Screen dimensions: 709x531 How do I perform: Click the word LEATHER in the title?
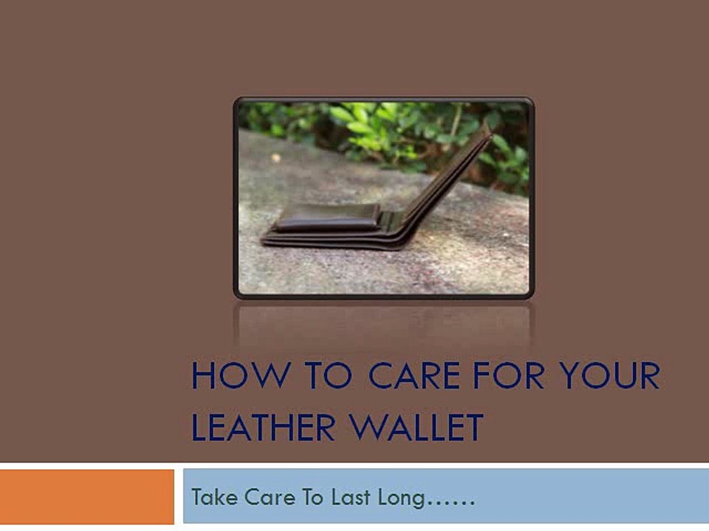click(264, 427)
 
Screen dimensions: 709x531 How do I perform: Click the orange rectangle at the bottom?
click(87, 496)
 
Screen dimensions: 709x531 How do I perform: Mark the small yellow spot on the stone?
click(275, 158)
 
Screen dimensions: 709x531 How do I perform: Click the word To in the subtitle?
click(312, 497)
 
